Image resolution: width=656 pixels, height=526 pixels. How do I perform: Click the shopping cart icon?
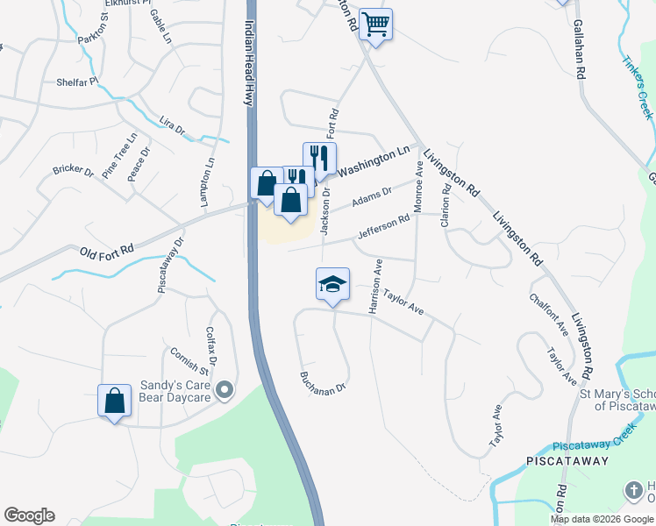click(375, 25)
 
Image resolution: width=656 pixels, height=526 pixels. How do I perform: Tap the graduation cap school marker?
click(332, 284)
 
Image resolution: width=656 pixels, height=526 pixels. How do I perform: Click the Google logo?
click(29, 515)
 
